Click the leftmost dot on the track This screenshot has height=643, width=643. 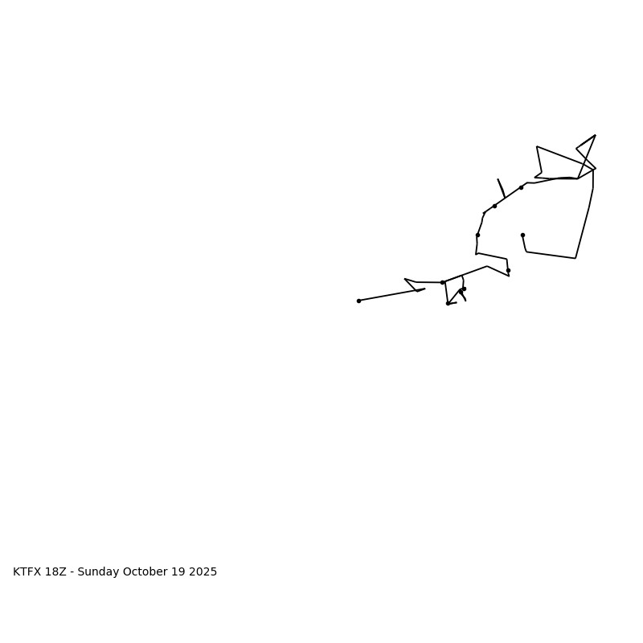(358, 301)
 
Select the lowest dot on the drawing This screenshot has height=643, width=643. (448, 303)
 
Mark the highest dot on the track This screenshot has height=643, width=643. (521, 187)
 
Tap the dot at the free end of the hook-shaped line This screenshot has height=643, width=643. (522, 235)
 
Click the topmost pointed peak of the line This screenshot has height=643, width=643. (595, 135)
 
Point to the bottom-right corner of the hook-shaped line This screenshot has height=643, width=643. (575, 258)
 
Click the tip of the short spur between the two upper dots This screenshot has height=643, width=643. (498, 179)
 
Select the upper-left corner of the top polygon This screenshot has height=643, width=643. (537, 147)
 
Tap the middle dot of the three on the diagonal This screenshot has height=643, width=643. (494, 206)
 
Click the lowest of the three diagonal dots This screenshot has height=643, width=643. (477, 235)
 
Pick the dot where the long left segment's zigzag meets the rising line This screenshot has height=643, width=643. (442, 282)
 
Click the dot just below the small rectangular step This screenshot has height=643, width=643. (508, 270)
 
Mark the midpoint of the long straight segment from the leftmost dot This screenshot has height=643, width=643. (391, 295)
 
